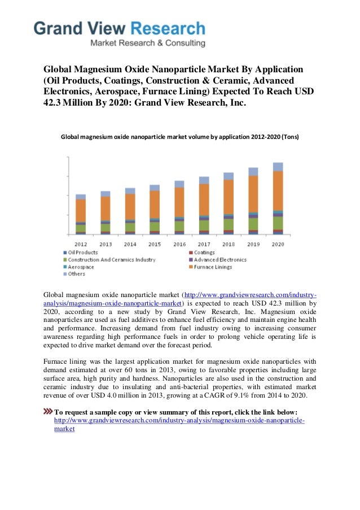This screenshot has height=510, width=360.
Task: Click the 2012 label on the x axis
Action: (x=81, y=244)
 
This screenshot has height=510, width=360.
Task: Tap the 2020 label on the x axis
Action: (x=278, y=244)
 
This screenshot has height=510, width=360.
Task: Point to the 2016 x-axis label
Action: (x=179, y=244)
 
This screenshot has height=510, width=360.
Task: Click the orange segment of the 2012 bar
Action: (x=81, y=210)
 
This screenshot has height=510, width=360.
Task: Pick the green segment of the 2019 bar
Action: (x=253, y=224)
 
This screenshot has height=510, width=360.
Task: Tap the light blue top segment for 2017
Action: (x=204, y=180)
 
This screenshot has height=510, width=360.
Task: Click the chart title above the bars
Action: (x=179, y=137)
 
